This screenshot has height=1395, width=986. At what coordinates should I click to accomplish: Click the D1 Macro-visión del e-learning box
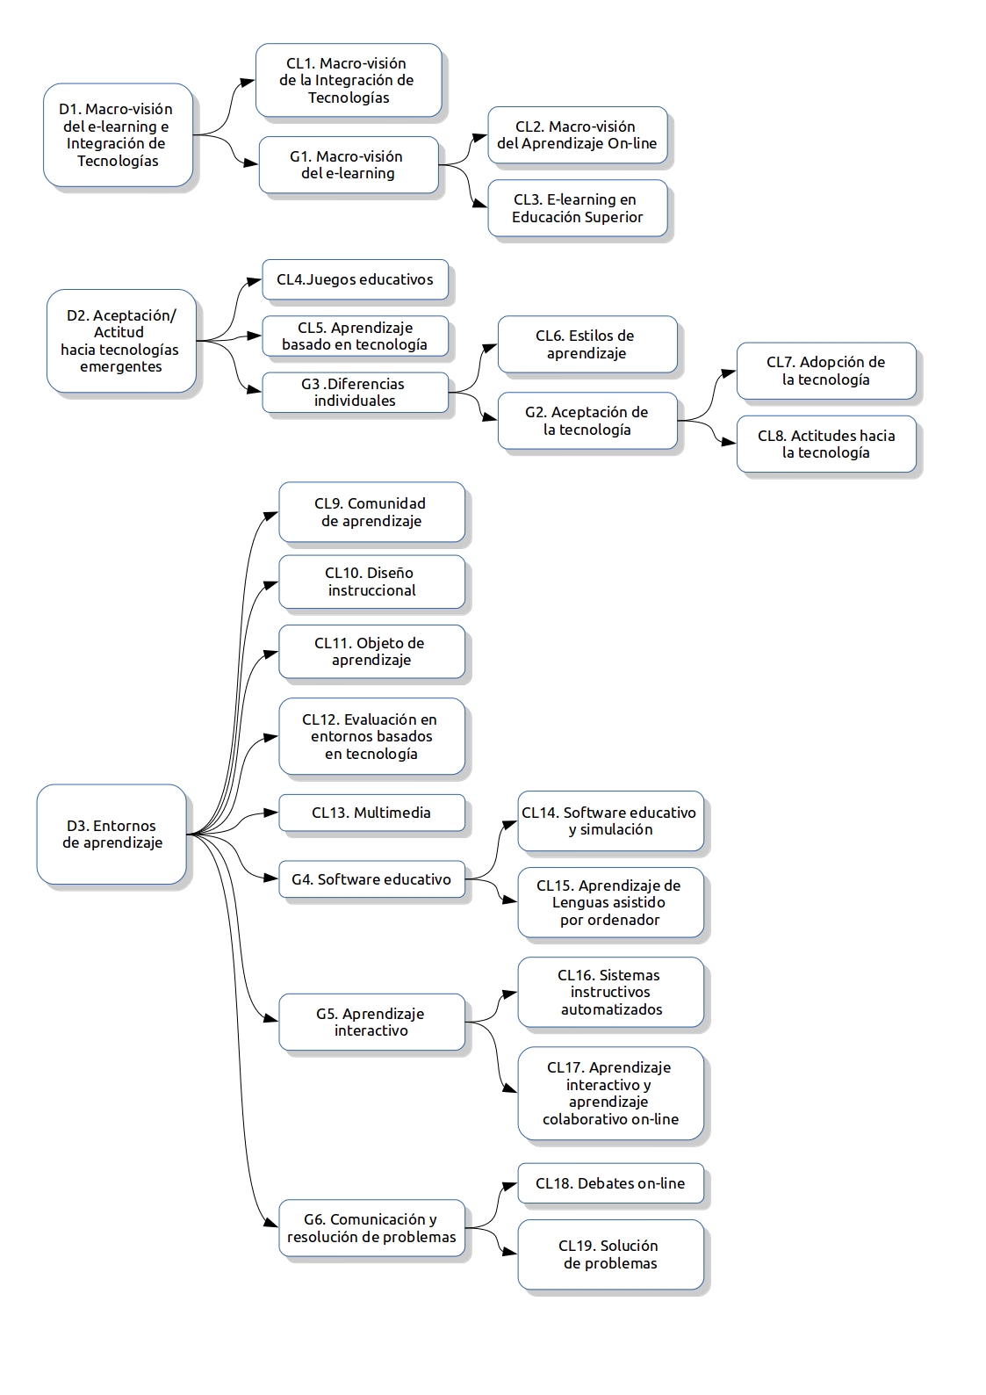point(118,134)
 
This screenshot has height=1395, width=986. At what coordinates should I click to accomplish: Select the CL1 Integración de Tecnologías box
point(349,80)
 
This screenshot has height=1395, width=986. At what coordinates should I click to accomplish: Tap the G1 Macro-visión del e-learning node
point(349,164)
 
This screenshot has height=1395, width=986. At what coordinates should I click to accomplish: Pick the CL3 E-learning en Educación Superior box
point(578,208)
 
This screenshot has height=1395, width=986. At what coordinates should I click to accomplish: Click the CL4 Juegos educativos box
point(355,279)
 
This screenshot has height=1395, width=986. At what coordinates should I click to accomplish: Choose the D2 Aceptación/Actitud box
point(121,341)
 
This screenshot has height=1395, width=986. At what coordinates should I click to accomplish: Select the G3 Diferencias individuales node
point(355,393)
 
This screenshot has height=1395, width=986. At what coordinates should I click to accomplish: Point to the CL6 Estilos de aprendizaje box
point(587,344)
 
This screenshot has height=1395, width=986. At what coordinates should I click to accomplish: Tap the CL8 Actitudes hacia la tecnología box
point(827,444)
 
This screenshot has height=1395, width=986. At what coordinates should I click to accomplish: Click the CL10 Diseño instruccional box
point(371,582)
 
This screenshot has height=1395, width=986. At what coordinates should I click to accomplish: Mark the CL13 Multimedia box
point(371,813)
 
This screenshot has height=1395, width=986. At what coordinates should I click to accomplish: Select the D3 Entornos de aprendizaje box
point(112,834)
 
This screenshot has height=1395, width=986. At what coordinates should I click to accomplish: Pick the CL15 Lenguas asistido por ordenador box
point(610,902)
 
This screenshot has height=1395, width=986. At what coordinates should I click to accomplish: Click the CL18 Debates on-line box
point(610,1183)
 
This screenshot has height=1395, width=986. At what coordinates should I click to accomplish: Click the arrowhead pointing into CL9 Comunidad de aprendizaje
point(271,515)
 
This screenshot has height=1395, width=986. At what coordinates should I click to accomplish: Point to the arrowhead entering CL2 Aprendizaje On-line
point(480,137)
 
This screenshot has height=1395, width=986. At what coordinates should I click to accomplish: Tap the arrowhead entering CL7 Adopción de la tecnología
point(729,372)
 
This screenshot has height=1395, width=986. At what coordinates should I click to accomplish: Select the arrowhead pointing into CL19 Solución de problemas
point(510,1252)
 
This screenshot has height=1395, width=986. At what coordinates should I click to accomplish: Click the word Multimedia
point(392,813)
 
